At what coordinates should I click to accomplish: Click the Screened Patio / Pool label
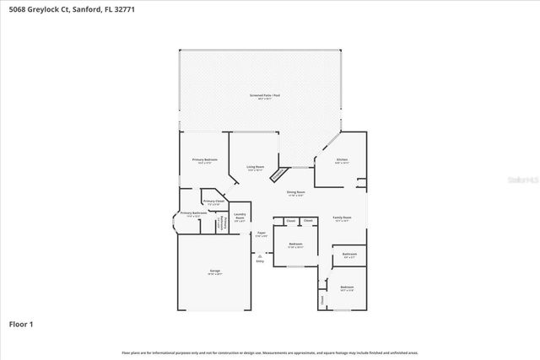[x=264, y=96]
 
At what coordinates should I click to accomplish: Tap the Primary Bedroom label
[x=205, y=160]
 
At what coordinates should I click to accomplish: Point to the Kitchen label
[x=341, y=159]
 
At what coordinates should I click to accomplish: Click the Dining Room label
[x=294, y=193]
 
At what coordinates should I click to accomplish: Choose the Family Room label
[x=341, y=218]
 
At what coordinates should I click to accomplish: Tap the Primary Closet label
[x=213, y=201]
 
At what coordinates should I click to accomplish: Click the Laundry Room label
[x=240, y=216]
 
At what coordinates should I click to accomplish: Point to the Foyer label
[x=262, y=234]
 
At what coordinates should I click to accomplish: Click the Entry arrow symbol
[x=260, y=255]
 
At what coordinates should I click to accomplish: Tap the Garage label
[x=215, y=271]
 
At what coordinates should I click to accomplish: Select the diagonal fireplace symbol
[x=278, y=174]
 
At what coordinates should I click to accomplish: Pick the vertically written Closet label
[x=322, y=298]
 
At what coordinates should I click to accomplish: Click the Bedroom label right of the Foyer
[x=294, y=246]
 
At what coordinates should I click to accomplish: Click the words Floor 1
[x=21, y=323]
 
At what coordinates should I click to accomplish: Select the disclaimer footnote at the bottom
[x=270, y=352]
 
